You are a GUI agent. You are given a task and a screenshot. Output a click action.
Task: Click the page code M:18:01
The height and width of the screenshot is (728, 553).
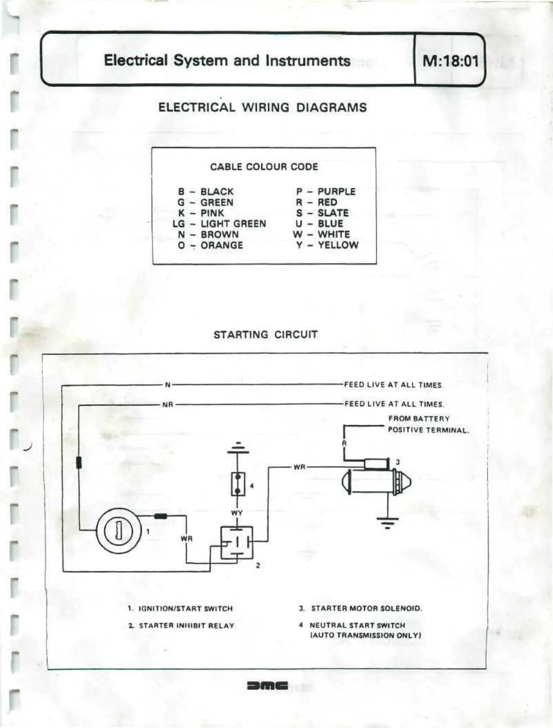[450, 60]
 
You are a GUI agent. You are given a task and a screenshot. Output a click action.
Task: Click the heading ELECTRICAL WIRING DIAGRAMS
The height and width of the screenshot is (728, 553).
[262, 107]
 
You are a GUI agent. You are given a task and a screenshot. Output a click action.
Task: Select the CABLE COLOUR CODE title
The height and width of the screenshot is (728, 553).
[264, 167]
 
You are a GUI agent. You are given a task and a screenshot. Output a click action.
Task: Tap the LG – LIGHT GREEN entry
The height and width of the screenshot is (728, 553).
[220, 224]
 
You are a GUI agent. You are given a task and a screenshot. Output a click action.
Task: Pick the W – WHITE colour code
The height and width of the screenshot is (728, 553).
[322, 234]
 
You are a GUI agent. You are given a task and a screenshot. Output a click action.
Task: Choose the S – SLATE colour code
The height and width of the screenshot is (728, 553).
[322, 213]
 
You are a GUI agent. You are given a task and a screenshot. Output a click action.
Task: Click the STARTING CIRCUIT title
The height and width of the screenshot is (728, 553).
[265, 334]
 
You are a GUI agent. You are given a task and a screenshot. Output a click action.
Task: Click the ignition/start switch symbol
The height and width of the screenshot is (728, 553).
[118, 531]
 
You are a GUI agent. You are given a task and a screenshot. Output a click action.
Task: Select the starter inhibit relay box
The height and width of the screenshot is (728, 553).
[237, 542]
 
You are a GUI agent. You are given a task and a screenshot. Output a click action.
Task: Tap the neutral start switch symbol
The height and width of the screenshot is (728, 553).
[237, 484]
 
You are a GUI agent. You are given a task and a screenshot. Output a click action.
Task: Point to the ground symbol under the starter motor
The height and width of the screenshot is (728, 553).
[388, 522]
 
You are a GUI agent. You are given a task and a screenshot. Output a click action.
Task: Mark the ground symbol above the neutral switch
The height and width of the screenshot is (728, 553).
[237, 447]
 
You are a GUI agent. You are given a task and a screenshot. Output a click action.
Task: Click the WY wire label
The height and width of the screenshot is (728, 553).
[237, 513]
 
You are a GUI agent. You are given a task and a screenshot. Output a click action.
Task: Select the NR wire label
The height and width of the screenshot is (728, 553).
[168, 405]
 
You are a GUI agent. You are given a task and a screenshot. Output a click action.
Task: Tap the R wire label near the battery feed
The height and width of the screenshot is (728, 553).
[344, 443]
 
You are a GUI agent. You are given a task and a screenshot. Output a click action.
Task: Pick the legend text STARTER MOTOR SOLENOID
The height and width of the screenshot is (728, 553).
[366, 609]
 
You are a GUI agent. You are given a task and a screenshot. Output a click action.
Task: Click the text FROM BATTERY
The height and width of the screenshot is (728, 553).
[419, 418]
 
